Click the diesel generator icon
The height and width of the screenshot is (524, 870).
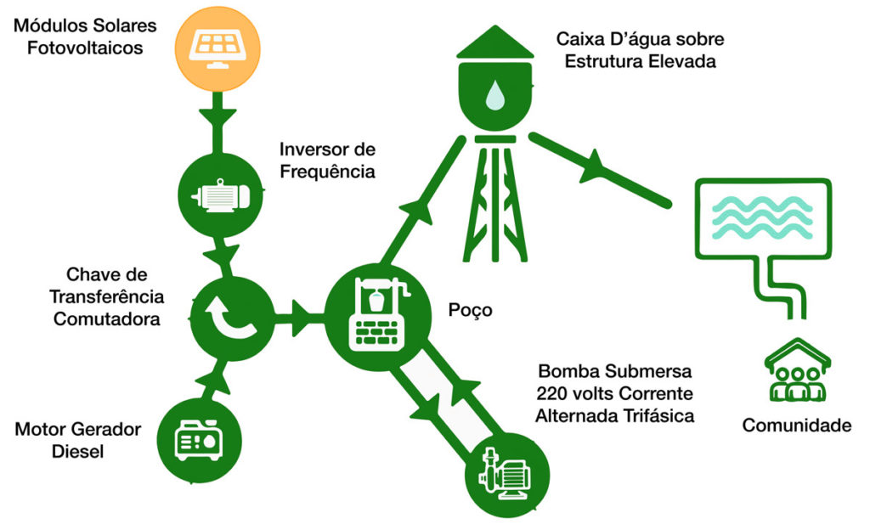click(x=198, y=439)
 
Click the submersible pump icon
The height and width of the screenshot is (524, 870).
click(x=507, y=476)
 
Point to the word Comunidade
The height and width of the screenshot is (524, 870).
click(x=796, y=425)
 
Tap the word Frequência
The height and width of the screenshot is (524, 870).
click(x=327, y=172)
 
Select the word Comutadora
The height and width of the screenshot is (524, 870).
click(x=106, y=318)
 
